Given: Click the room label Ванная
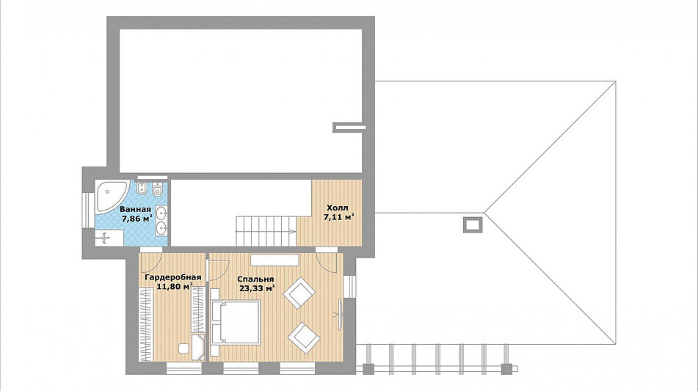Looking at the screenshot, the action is [135, 209].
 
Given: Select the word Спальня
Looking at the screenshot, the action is [255, 279].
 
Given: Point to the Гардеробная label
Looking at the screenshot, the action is [172, 277].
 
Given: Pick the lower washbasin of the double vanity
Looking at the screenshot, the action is [162, 228].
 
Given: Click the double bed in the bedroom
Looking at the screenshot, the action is [236, 322].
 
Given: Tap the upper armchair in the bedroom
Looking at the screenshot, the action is [299, 293].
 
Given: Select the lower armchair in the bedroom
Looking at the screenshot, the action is [304, 337].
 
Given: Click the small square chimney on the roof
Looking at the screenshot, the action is [473, 224].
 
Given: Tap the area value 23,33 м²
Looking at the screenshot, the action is [257, 288].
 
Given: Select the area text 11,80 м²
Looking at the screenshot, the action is [175, 286].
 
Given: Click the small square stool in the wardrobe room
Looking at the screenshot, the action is [183, 348].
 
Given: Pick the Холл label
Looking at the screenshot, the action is [338, 208].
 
